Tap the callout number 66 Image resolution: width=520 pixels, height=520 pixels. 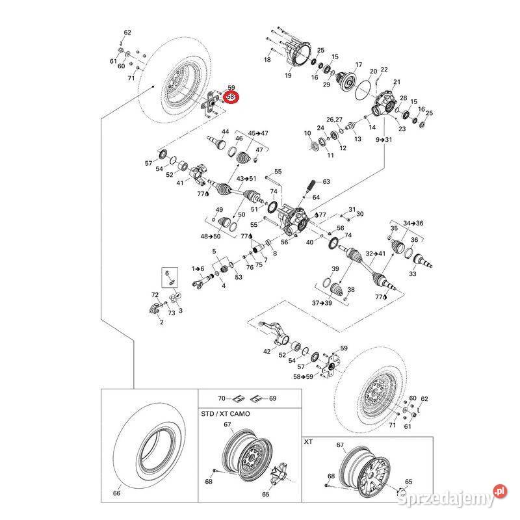point(117,493)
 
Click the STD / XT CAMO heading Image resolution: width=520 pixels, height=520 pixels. point(225,414)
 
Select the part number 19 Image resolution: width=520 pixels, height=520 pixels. point(288,76)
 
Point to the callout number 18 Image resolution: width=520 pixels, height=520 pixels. point(266,60)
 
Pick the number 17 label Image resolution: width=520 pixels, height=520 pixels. point(357,65)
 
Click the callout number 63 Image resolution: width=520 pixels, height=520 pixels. point(326,182)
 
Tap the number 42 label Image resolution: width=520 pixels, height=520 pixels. point(266,352)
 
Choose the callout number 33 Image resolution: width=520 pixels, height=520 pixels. point(431,274)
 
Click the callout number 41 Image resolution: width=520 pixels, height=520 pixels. point(181,183)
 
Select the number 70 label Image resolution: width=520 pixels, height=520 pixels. point(221,398)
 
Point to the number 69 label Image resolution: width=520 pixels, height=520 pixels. point(272,398)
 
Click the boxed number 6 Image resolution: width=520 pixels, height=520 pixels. point(166,273)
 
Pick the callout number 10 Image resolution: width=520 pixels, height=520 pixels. point(308,133)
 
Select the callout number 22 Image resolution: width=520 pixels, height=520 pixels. point(384,70)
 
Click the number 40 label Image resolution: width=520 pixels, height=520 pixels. point(309,242)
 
